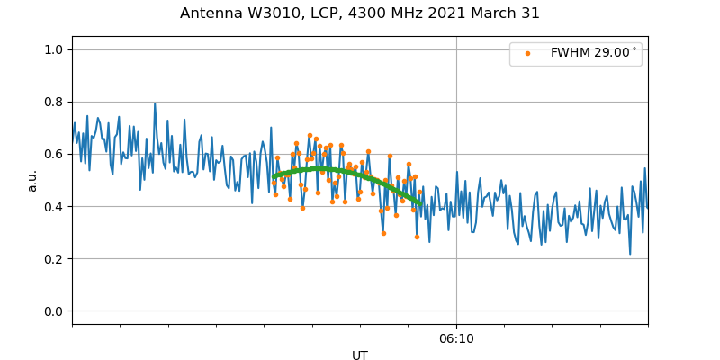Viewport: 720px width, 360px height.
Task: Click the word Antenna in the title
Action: click(x=208, y=13)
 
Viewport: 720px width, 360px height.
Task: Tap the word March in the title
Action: click(x=494, y=13)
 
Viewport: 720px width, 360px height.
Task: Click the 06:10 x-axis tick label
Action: click(x=456, y=339)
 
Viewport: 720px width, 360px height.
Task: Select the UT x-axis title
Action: click(x=360, y=355)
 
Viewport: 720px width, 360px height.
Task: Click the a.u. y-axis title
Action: click(x=32, y=180)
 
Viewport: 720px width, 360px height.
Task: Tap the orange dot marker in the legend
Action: click(x=527, y=53)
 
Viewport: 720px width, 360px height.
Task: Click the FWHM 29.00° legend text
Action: click(x=593, y=53)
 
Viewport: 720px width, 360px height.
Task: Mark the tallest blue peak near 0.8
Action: click(x=155, y=103)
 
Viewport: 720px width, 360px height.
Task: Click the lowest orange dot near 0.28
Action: click(x=417, y=237)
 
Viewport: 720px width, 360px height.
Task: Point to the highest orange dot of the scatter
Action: click(x=310, y=135)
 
